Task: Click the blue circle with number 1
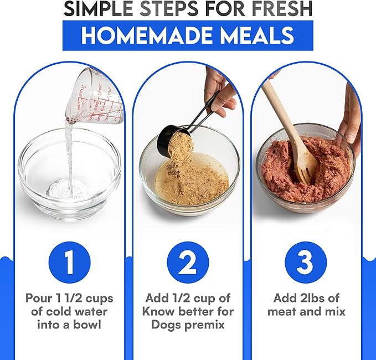click(x=70, y=263)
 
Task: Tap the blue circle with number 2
click(x=188, y=263)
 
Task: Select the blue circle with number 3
click(x=306, y=263)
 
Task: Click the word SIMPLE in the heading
click(x=98, y=9)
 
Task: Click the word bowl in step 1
click(x=87, y=325)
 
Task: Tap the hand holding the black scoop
click(x=219, y=91)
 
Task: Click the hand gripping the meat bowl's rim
click(x=350, y=120)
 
